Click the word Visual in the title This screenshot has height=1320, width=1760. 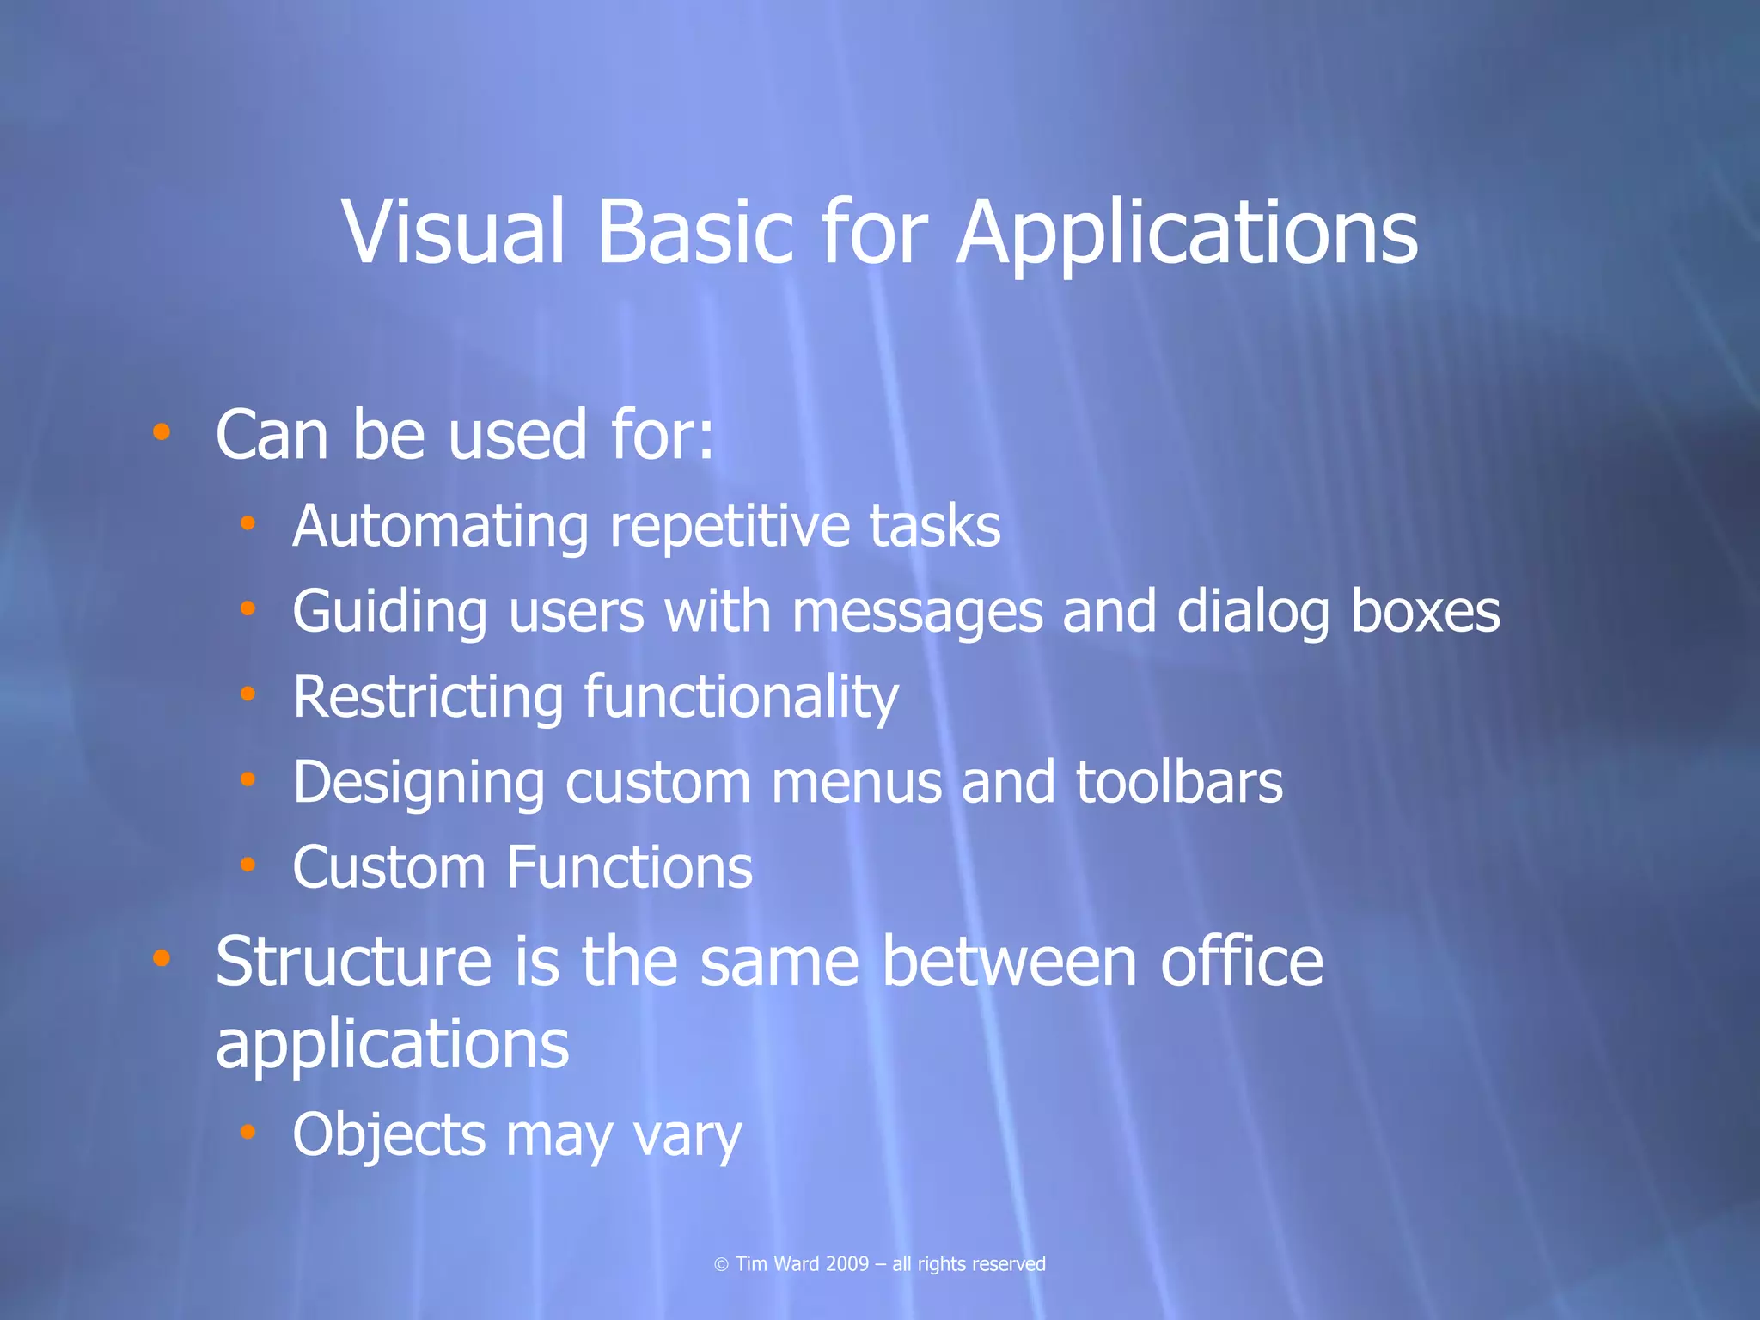click(454, 232)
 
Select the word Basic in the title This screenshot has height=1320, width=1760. click(694, 232)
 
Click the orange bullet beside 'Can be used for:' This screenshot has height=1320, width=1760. click(161, 431)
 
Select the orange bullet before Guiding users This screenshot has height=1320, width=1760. click(247, 608)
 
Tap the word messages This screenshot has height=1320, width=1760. click(916, 614)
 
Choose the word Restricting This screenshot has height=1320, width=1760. click(428, 697)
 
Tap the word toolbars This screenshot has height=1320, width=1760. click(1179, 782)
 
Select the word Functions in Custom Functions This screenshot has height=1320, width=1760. click(630, 866)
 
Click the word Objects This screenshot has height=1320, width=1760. click(388, 1136)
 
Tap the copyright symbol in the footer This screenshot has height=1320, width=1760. click(721, 1264)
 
